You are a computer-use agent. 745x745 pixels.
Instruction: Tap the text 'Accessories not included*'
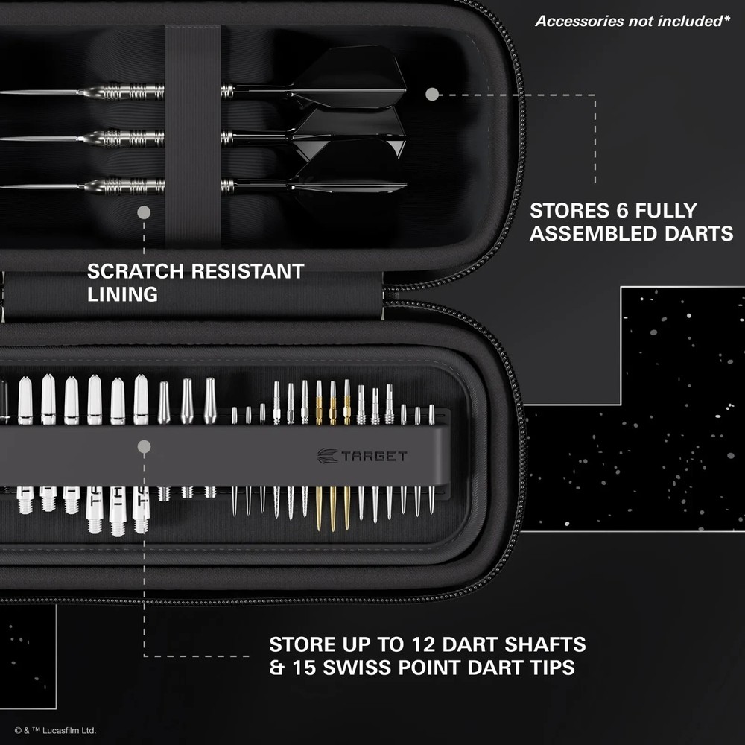point(632,21)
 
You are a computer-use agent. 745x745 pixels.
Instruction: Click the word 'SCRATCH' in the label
point(136,271)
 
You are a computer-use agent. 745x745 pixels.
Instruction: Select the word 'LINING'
point(122,294)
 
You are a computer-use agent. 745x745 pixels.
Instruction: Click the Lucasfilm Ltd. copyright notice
point(55,731)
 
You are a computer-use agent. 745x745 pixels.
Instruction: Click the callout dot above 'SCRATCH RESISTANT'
point(144,212)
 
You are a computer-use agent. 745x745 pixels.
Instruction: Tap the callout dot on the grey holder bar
point(145,447)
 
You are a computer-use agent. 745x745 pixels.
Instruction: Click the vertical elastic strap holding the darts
point(192,134)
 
